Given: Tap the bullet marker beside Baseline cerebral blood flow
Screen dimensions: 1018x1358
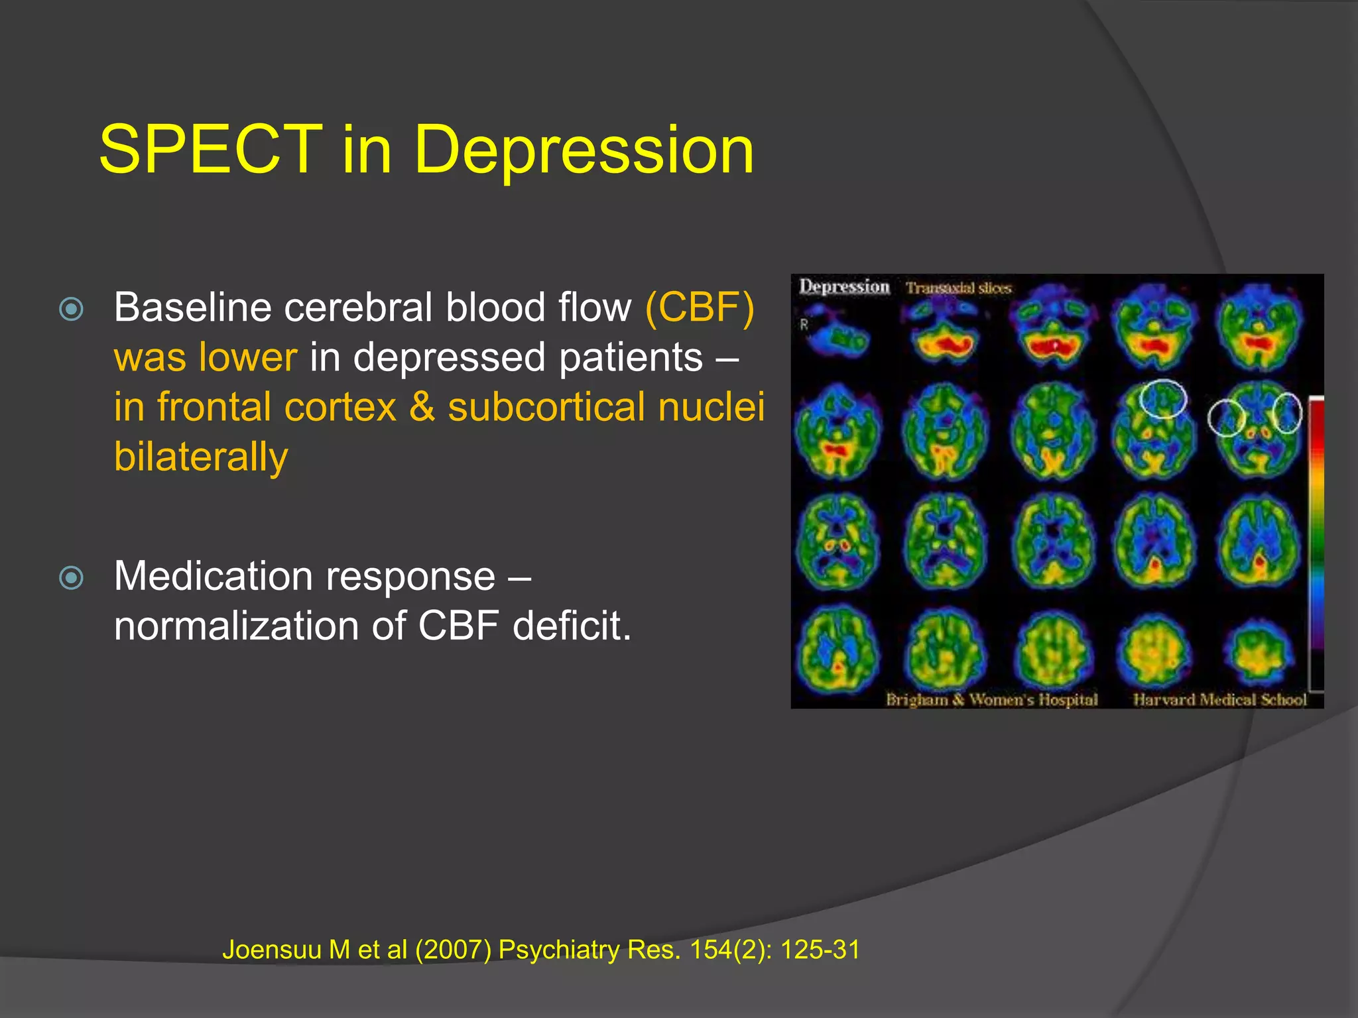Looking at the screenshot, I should point(72,309).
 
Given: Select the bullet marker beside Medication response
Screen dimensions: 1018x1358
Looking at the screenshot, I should point(72,577).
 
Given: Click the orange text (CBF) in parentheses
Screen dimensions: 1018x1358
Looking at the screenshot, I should point(700,308).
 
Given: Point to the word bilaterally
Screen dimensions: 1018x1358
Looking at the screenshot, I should point(201,457).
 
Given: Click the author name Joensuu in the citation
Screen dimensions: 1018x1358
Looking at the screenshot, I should point(272,950).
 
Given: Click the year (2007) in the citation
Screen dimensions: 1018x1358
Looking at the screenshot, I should point(453,950).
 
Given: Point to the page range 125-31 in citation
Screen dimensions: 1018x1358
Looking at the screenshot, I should point(820,950).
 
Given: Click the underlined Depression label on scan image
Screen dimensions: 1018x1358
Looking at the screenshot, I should point(843,286).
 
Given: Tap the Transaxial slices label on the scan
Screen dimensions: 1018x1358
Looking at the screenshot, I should point(958,288).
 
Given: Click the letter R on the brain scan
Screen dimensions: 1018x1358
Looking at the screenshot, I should point(804,325).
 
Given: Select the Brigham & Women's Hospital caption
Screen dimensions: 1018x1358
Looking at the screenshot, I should point(992,699).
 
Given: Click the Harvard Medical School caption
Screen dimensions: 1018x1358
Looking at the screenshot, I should point(1219,699).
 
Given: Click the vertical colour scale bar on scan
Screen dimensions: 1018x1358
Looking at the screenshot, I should point(1316,543).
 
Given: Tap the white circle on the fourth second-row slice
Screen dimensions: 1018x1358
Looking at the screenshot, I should point(1162,398).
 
